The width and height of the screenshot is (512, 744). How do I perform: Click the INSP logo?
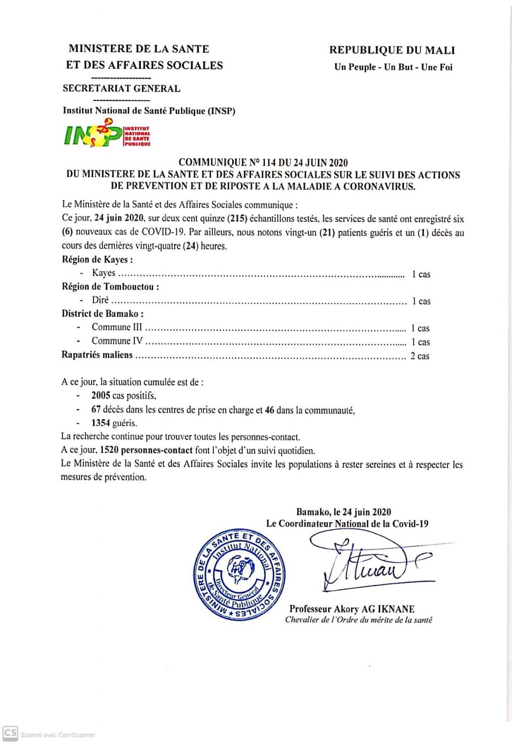pos(107,135)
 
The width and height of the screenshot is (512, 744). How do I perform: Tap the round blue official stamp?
pos(239,575)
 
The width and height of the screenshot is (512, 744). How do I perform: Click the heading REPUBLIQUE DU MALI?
pos(392,50)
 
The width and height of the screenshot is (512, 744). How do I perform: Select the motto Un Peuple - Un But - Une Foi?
pos(393,67)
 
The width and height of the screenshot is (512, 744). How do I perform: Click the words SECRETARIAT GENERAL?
pos(121,89)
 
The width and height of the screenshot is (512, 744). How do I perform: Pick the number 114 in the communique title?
pos(269,163)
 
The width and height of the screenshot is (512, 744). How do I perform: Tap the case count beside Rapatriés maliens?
pos(419,356)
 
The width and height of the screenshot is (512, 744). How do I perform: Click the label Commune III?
pos(117,327)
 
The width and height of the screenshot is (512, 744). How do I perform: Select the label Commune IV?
pos(117,341)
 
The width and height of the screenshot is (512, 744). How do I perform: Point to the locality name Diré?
pos(100,300)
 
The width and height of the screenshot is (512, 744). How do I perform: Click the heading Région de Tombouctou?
pos(110,287)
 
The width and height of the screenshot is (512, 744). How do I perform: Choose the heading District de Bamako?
pos(102,314)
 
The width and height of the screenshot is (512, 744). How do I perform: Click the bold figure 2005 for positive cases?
pos(101,396)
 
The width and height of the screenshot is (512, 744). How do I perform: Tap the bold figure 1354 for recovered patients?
pos(101,423)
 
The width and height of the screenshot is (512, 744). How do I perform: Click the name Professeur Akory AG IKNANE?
pos(352,609)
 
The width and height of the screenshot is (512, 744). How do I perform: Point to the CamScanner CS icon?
pos(10,733)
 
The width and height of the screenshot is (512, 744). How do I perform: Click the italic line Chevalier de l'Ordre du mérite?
pos(358,620)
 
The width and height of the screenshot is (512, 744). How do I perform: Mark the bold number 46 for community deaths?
pos(270,410)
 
